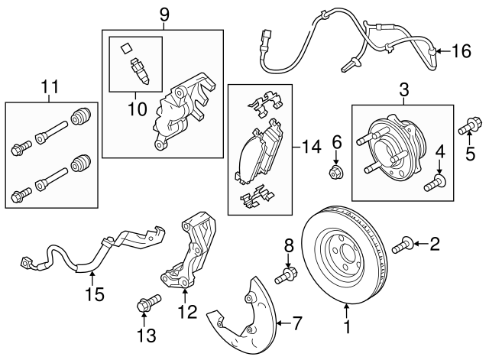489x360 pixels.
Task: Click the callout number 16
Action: click(x=462, y=52)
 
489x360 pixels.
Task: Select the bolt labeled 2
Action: click(x=403, y=245)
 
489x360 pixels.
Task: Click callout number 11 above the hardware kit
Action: click(x=50, y=89)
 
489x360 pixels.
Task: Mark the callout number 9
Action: click(x=163, y=14)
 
